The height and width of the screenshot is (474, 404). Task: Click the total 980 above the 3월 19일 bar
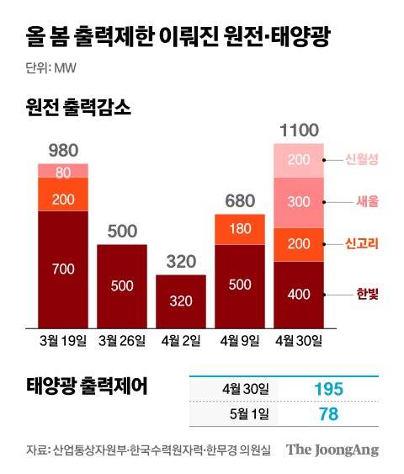coord(63,151)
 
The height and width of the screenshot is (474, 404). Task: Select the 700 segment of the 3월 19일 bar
coord(63,269)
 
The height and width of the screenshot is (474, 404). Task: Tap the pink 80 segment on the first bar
coord(63,171)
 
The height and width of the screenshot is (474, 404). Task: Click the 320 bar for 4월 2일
coord(181,300)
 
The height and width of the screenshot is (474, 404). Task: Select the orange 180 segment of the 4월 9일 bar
coord(240,229)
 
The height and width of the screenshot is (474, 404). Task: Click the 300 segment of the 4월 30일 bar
coord(299,202)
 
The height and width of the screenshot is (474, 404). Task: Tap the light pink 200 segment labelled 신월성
coord(299,160)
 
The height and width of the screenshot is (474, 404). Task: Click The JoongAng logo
coord(332,450)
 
